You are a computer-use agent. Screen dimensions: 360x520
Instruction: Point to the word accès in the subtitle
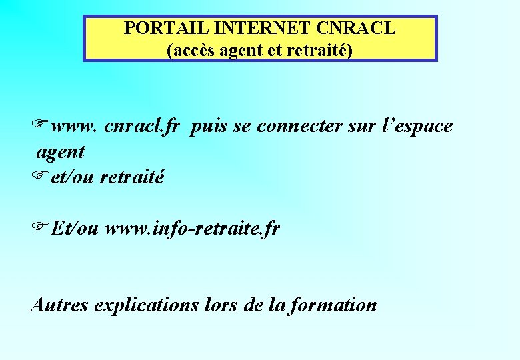[x=193, y=49]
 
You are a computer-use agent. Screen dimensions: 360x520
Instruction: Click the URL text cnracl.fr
[x=142, y=126]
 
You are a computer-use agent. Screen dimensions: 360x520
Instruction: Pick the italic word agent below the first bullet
[x=61, y=152]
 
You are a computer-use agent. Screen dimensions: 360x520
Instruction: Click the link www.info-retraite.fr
[x=193, y=229]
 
